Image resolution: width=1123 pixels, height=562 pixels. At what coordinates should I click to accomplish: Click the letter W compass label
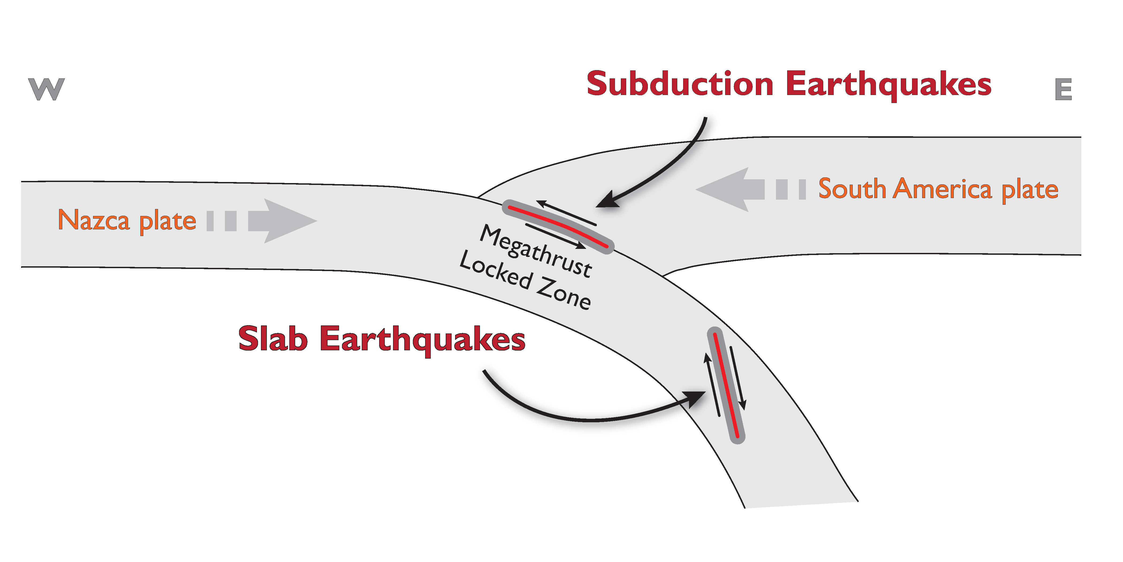46,89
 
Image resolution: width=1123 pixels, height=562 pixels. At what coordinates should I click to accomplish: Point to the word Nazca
94,220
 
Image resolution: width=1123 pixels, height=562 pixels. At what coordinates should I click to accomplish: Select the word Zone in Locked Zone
563,293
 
